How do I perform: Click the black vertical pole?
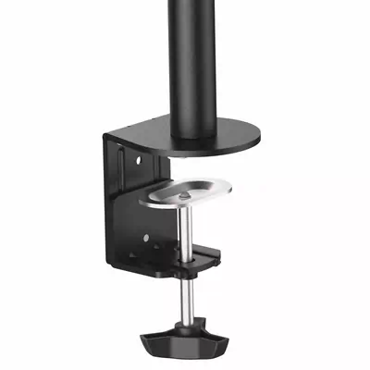pos(190,55)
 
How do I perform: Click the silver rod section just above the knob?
pos(188,301)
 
